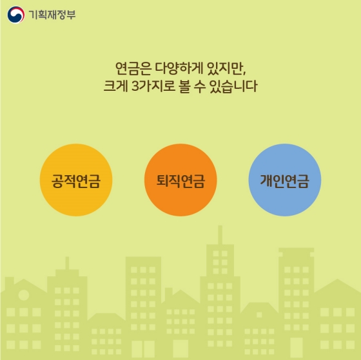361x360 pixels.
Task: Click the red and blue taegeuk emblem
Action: coord(16,14)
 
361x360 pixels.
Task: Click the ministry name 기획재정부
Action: coord(52,14)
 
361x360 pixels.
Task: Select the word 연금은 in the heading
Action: coord(130,67)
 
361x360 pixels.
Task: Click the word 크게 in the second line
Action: coord(116,86)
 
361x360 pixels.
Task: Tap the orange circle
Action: coord(180,180)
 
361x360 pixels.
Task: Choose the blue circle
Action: coord(284,180)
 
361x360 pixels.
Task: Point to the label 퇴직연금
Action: coord(180,180)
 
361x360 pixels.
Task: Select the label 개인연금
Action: coord(284,180)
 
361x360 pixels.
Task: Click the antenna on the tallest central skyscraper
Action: coord(219,232)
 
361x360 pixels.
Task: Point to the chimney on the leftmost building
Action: coord(9,281)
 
